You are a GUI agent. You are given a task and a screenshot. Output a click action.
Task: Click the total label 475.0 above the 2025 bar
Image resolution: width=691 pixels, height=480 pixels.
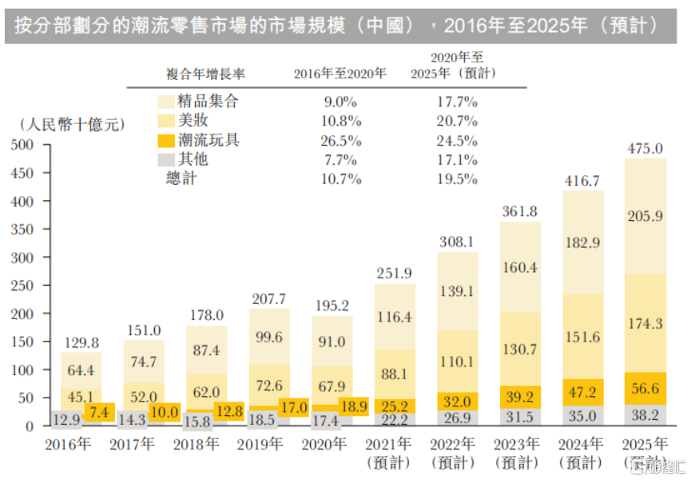click(645, 149)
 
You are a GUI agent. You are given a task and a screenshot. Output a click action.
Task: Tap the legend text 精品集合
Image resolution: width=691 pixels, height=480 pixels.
click(209, 102)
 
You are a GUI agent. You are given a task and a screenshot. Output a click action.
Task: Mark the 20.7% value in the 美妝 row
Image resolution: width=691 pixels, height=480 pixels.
click(455, 122)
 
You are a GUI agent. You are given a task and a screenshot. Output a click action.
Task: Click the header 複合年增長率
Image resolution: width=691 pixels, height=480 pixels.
click(205, 74)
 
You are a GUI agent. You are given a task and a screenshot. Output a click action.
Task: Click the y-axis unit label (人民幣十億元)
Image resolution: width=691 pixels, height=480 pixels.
click(71, 125)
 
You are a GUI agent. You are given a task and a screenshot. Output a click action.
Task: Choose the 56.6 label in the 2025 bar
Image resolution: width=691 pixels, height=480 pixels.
click(645, 389)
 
